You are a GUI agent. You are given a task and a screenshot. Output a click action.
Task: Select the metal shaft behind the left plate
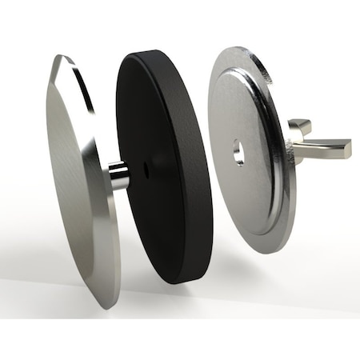click(x=118, y=175)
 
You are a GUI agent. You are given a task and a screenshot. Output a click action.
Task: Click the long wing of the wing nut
click(x=325, y=147)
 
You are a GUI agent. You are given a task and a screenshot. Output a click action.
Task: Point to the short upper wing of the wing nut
click(x=299, y=125)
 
